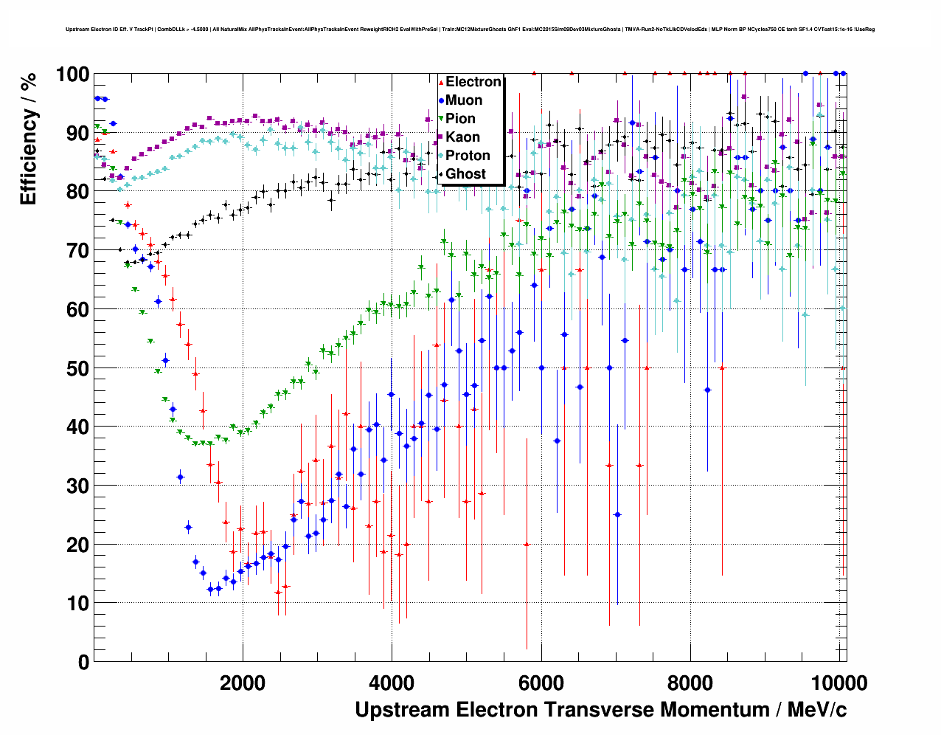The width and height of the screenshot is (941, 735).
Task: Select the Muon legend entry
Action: [x=464, y=100]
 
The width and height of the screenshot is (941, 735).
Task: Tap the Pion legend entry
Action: [x=460, y=119]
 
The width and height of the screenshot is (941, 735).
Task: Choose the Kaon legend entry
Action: [x=462, y=137]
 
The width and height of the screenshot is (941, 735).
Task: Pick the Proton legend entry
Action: [x=468, y=156]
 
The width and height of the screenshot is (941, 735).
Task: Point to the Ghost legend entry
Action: [x=465, y=174]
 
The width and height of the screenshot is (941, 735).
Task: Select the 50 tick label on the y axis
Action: [x=77, y=368]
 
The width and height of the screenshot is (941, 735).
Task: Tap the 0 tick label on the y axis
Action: [x=83, y=662]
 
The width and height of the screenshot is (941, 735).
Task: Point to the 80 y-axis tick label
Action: [x=77, y=192]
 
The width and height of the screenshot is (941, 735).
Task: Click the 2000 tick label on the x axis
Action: [x=243, y=683]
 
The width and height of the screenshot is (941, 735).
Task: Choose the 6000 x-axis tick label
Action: [x=541, y=683]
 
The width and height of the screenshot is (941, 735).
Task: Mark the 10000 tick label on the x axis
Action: [x=836, y=683]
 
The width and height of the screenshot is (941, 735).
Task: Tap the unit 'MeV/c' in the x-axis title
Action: [x=817, y=710]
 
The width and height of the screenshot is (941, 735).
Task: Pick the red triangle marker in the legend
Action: [x=441, y=82]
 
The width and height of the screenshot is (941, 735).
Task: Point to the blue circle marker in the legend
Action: [x=441, y=100]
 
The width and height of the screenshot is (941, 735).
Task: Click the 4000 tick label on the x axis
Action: [x=392, y=683]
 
